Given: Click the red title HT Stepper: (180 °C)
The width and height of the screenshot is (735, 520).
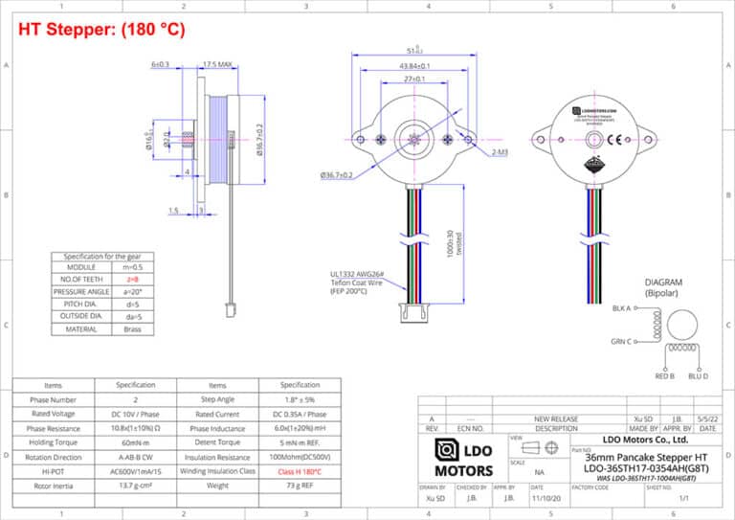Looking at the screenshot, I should tap(101, 30).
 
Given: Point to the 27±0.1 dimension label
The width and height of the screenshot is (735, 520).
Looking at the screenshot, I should tap(413, 79).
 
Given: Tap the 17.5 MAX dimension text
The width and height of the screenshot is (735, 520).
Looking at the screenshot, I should tap(217, 65).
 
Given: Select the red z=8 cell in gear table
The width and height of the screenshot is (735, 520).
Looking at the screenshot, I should tap(133, 279).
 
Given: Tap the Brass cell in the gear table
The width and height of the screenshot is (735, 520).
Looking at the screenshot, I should tap(133, 328).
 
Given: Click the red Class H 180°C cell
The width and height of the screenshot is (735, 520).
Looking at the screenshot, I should tap(300, 471).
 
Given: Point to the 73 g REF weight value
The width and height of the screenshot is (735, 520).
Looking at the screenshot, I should tap(300, 486).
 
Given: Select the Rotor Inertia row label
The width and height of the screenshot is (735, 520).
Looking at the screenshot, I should tap(53, 486).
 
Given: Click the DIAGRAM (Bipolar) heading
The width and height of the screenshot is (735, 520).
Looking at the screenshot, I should tap(662, 287).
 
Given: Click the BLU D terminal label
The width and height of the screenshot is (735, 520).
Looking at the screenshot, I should tap(699, 376).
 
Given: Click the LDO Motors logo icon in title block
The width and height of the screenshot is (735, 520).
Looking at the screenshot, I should tap(447, 450).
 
